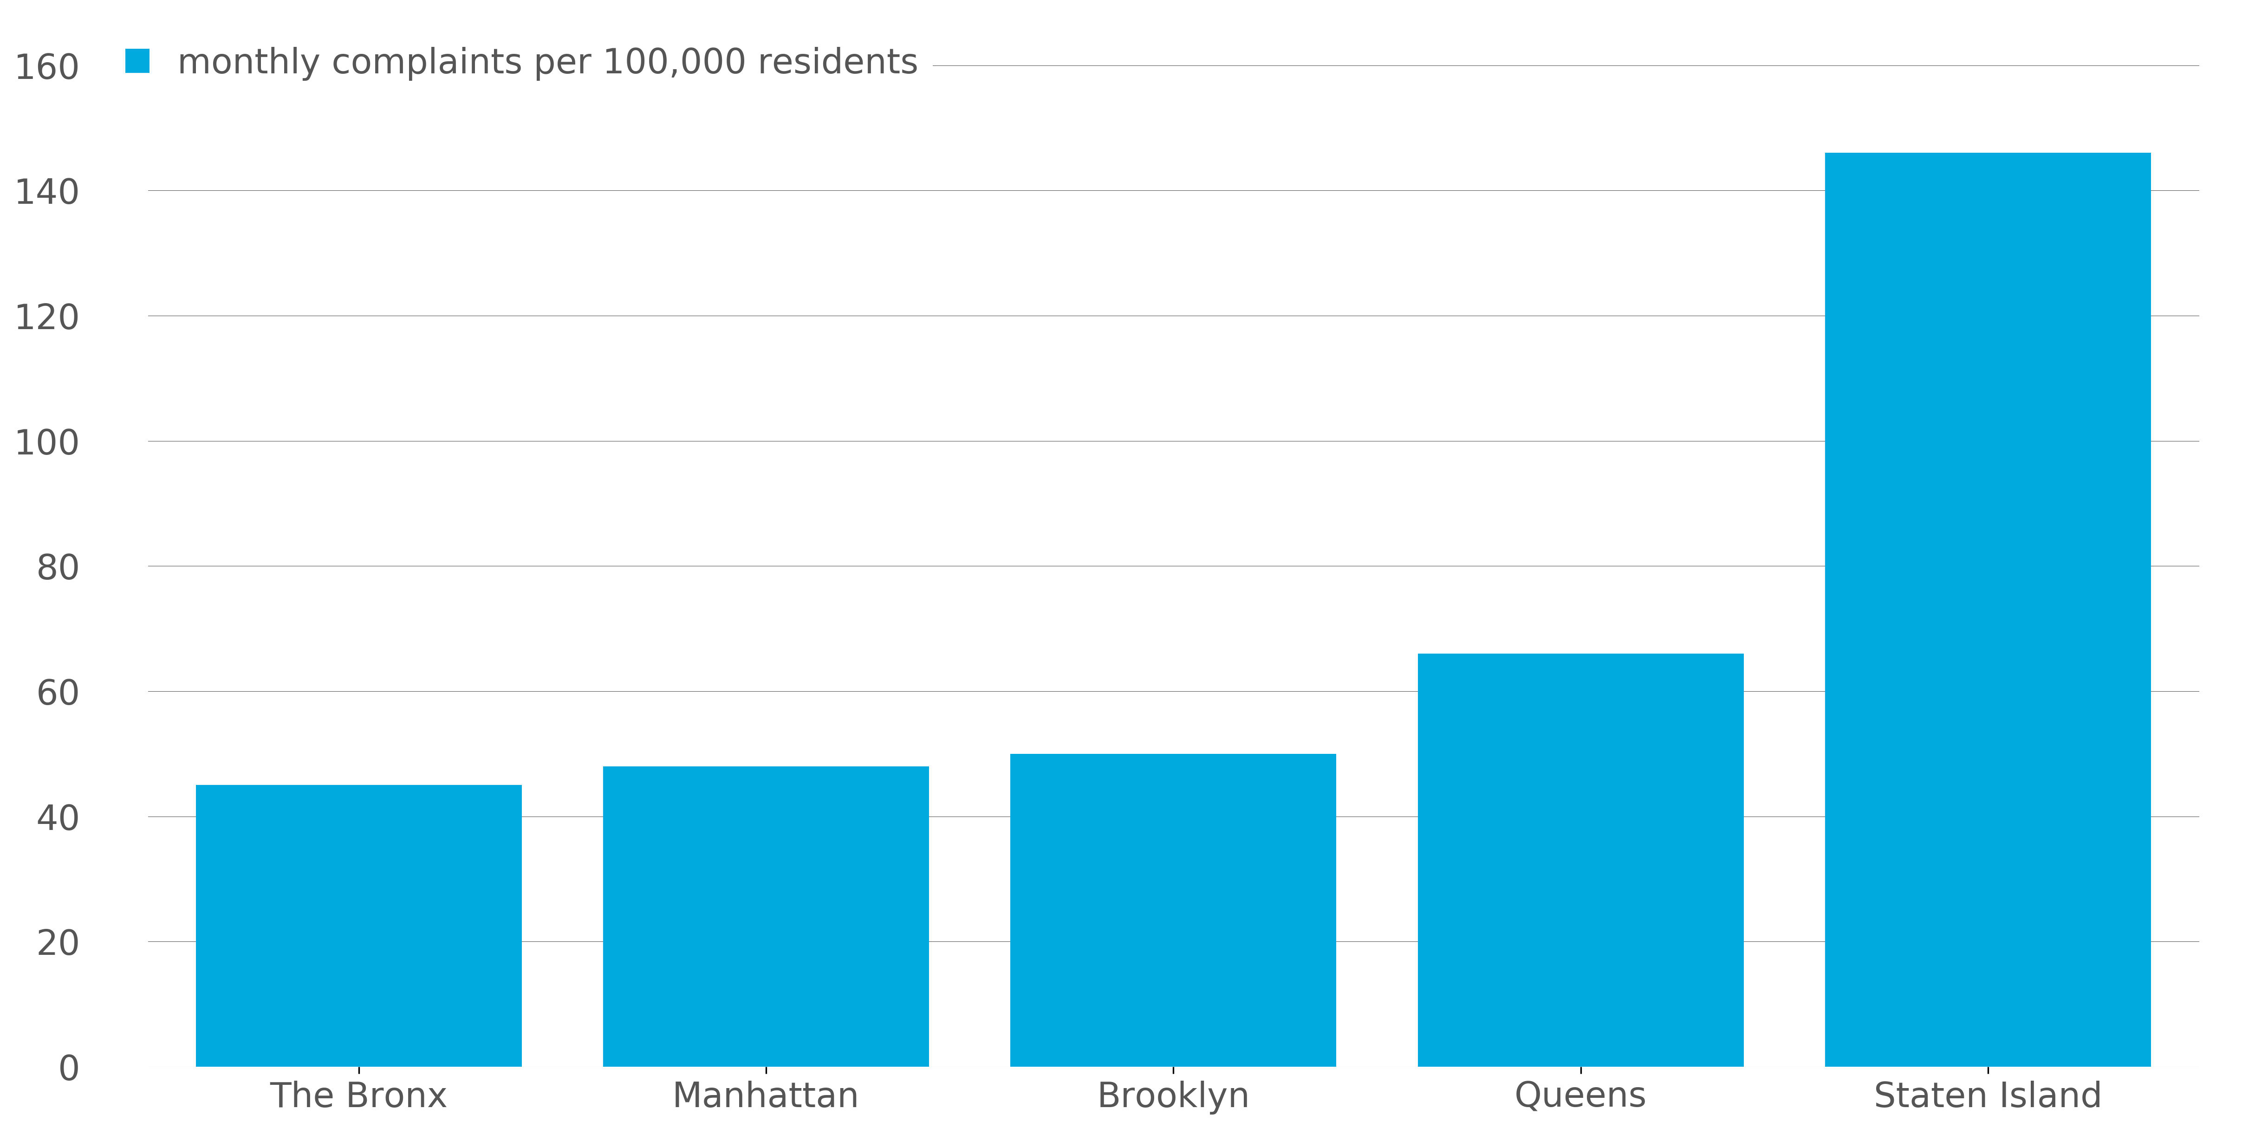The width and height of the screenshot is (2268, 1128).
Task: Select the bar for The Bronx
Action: [358, 925]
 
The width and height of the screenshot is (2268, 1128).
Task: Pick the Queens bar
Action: [1580, 859]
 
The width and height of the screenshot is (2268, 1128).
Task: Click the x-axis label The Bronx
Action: [358, 1096]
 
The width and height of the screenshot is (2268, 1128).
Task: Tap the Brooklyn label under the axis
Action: [1173, 1096]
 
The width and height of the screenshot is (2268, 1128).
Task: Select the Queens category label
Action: [1580, 1096]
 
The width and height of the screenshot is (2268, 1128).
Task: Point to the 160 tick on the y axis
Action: [47, 67]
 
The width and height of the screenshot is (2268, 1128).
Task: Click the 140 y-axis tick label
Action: [47, 192]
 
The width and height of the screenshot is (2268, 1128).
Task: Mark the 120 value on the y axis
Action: [47, 317]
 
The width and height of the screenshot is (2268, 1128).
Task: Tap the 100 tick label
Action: [47, 442]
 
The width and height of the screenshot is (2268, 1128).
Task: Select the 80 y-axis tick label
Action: [57, 568]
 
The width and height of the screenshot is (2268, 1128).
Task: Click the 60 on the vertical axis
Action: [57, 693]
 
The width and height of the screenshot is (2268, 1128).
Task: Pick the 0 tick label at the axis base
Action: [69, 1068]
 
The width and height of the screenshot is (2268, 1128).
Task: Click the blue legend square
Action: [137, 61]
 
